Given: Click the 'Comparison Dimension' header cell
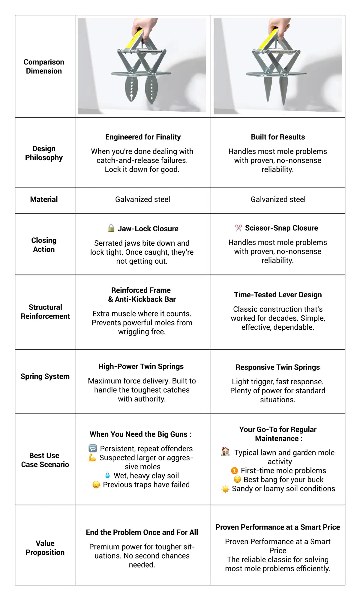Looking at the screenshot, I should point(44,66).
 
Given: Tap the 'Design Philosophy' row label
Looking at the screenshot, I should point(44,153).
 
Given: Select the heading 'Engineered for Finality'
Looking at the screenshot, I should point(143,137).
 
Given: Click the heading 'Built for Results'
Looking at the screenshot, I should point(278,137).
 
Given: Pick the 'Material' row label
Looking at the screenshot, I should point(44,199).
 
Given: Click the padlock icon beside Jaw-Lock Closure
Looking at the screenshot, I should point(111,228).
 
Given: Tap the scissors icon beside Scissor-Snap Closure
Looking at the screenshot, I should point(238,228).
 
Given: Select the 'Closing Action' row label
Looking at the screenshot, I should point(44,245).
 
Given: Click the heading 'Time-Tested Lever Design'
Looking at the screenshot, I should point(278,295).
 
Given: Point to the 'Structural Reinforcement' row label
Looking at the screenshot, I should point(45,312).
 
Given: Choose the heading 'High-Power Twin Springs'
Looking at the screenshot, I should point(141,367).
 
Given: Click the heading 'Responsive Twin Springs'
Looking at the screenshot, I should point(278,367).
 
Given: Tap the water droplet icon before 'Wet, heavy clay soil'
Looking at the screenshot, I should point(107,475).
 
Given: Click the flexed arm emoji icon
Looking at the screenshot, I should point(92,458).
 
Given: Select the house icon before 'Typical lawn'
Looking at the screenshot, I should point(225,451).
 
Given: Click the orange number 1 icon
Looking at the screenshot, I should point(234,471).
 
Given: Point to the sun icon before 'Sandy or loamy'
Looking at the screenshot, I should point(225,489).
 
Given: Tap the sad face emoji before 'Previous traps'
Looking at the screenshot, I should point(96,485).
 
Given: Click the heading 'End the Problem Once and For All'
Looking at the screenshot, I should point(142,532).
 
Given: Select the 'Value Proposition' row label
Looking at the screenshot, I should point(45,548).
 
